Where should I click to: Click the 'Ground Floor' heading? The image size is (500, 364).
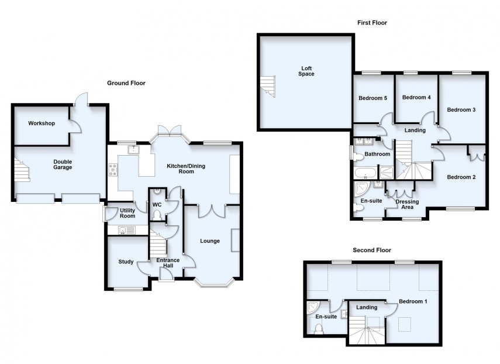(x=126, y=83)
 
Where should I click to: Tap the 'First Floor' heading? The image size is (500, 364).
(x=372, y=23)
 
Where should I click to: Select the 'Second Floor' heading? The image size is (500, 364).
(x=371, y=250)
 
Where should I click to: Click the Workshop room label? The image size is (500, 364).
(x=41, y=123)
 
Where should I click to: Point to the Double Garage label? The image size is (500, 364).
(x=63, y=164)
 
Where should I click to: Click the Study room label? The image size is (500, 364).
(x=125, y=262)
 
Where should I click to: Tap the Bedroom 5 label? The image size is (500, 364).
(x=373, y=98)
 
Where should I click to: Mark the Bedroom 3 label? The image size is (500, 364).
(x=461, y=109)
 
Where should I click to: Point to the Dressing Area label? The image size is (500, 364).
(x=407, y=204)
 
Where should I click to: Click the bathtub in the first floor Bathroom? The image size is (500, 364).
(x=365, y=173)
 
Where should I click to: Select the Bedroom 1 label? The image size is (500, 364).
(x=413, y=301)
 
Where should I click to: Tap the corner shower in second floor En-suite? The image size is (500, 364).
(x=313, y=307)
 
